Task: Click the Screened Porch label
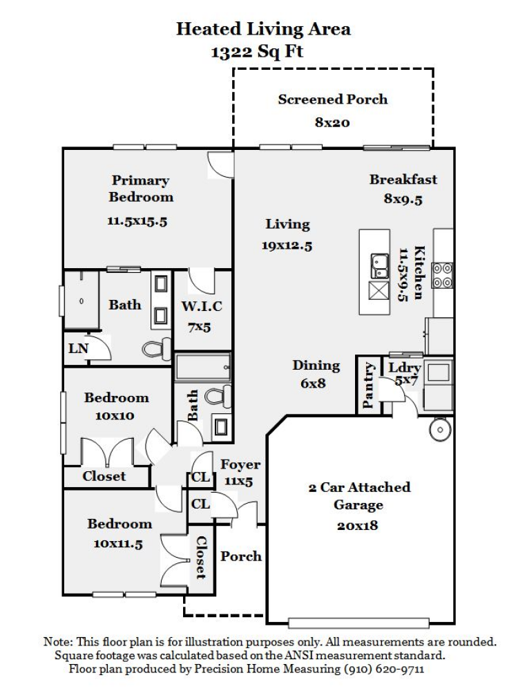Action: click(x=332, y=100)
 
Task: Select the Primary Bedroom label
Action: click(x=140, y=189)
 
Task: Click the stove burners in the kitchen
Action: click(x=442, y=274)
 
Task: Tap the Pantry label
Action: click(x=368, y=386)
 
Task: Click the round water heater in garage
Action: click(x=439, y=430)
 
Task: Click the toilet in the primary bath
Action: click(x=157, y=350)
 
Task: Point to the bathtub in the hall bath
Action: click(x=202, y=367)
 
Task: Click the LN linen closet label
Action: click(x=78, y=348)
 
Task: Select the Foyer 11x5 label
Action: click(x=240, y=472)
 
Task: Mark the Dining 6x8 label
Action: click(x=316, y=374)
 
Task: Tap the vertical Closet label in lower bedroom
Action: click(x=201, y=557)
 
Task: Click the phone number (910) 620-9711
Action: click(x=390, y=670)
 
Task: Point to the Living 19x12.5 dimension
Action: click(x=287, y=245)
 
